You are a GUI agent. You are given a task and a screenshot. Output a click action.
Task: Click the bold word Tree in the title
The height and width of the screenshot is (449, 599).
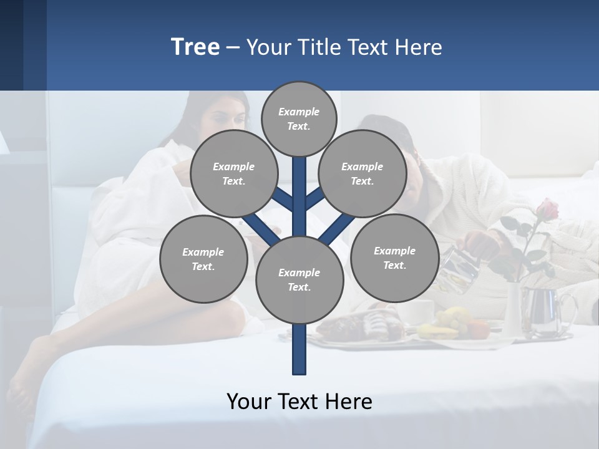(x=195, y=47)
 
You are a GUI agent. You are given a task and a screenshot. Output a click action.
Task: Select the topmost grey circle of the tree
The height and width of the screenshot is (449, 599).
(x=299, y=118)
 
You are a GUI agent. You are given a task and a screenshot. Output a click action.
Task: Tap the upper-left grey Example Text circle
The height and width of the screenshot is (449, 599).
(x=233, y=173)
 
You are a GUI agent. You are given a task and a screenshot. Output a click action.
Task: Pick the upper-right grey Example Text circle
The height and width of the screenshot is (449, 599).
(x=363, y=173)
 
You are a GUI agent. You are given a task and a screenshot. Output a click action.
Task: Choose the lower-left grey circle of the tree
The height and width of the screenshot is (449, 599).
(x=203, y=259)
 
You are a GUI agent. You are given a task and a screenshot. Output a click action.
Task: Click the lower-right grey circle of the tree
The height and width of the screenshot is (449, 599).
(x=394, y=258)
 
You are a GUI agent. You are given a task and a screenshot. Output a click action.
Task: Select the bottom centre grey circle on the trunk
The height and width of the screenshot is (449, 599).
(x=299, y=279)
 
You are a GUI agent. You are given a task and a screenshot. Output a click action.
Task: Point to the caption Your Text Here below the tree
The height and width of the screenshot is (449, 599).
(x=299, y=401)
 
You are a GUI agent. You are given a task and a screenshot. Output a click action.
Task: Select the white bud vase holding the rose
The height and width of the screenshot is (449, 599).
(x=513, y=309)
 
